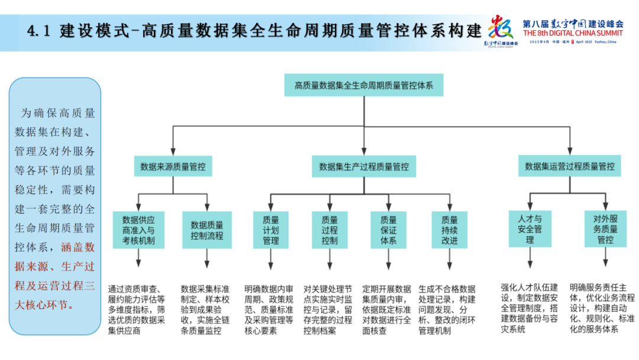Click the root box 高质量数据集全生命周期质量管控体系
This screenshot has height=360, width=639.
pos(363,85)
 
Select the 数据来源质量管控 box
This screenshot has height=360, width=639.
pos(173,167)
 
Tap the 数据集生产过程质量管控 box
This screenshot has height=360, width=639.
pos(363,167)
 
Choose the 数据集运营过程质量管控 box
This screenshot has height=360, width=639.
pos(569,167)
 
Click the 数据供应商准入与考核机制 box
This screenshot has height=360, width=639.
pos(138,229)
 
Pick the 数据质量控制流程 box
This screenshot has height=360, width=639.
pos(206,229)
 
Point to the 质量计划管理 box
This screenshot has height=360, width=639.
pos(270,229)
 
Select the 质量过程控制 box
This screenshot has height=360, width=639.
pos(330,229)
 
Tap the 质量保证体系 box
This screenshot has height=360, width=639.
pos(388,229)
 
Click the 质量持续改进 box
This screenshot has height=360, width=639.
pos(449,229)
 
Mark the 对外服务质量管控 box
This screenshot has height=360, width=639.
pos(605,229)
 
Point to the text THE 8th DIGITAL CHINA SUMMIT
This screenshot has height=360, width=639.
pos(573,34)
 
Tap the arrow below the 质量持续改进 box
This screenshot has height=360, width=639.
pos(449,258)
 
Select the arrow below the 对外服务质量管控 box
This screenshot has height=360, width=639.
pos(605,258)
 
